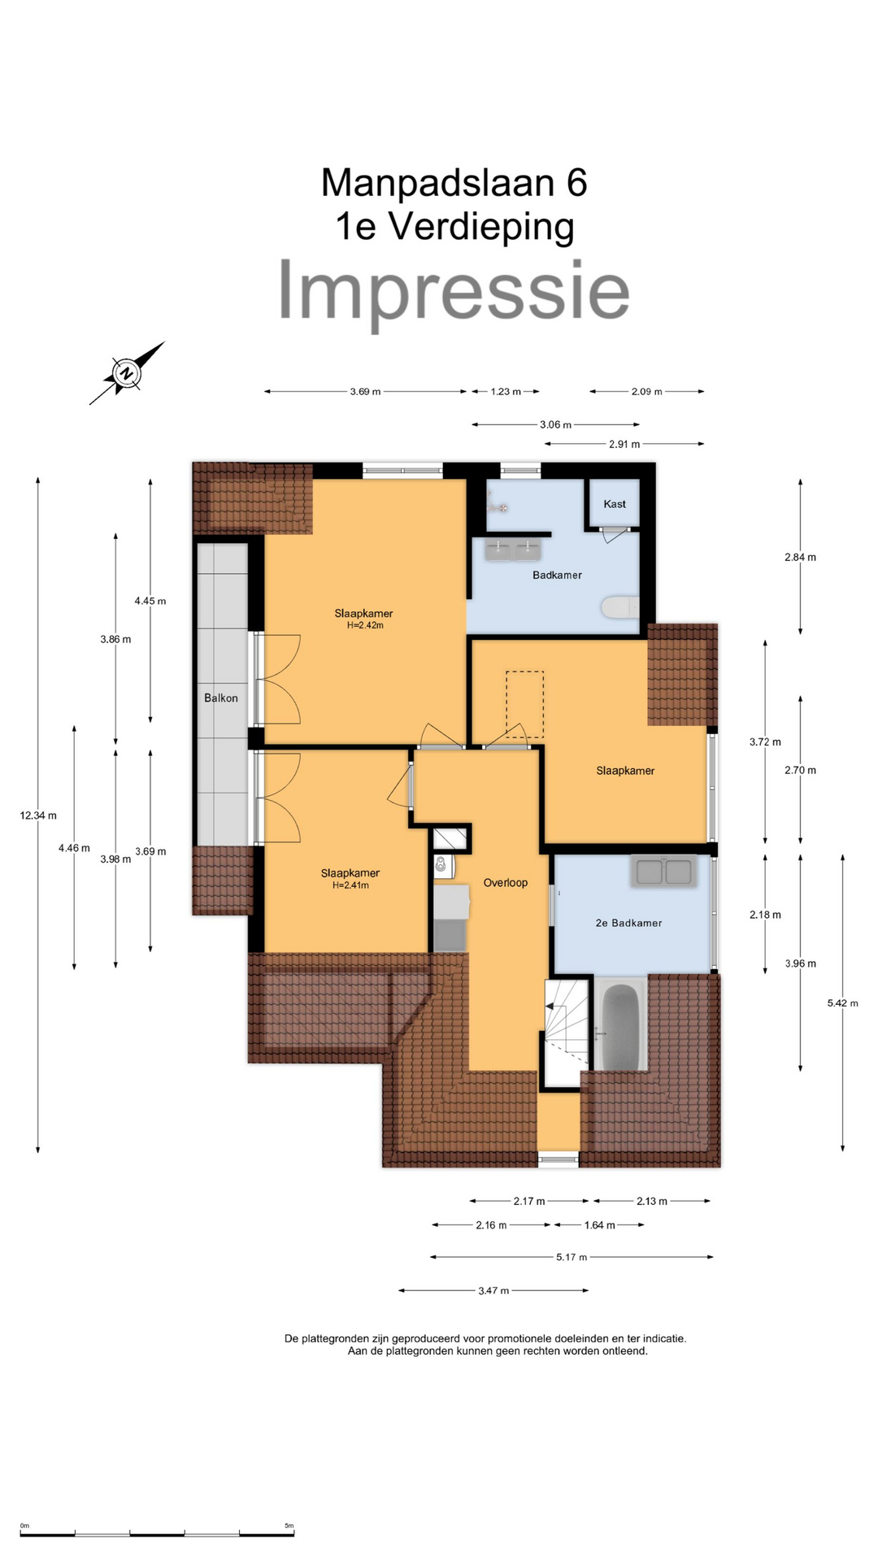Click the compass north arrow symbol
pyautogui.click(x=127, y=373)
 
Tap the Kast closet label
pyautogui.click(x=615, y=504)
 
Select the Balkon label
pyautogui.click(x=221, y=698)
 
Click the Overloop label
pyautogui.click(x=506, y=882)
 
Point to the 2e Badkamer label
pyautogui.click(x=628, y=923)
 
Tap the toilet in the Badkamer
pyautogui.click(x=620, y=607)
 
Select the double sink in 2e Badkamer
pyautogui.click(x=664, y=871)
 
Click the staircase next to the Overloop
pyautogui.click(x=566, y=1031)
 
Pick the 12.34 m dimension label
pyautogui.click(x=38, y=815)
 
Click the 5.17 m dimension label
pyautogui.click(x=572, y=1257)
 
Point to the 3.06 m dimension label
pyautogui.click(x=556, y=424)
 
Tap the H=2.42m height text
pyautogui.click(x=365, y=625)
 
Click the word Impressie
pyautogui.click(x=454, y=291)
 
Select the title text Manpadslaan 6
pyautogui.click(x=454, y=182)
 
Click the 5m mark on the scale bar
pyautogui.click(x=289, y=1525)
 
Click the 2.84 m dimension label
pyautogui.click(x=801, y=557)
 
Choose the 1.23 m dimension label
pyautogui.click(x=506, y=392)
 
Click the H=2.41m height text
pyautogui.click(x=350, y=885)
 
